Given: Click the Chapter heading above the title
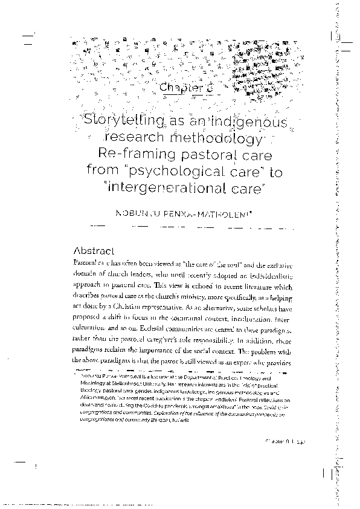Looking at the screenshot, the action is [x=181, y=88].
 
